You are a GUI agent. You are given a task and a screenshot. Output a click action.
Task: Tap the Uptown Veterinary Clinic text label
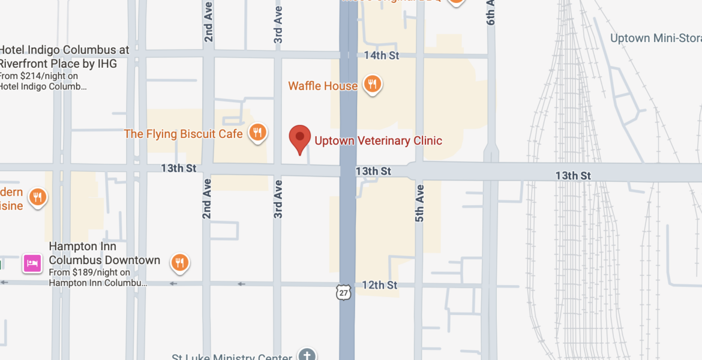(378, 141)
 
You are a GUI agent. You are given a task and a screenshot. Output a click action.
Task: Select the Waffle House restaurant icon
(373, 85)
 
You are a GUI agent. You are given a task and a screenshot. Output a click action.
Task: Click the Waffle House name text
(323, 86)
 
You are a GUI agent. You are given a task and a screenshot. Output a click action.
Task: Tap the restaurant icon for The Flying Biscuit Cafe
(257, 133)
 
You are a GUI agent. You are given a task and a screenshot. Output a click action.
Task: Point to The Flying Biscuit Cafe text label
(183, 133)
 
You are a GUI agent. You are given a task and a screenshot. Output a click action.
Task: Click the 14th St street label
(382, 56)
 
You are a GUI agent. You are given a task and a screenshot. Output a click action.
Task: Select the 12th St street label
(379, 285)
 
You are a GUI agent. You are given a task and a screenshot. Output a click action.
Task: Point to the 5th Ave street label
(419, 203)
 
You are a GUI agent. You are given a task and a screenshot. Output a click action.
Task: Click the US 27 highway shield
(343, 293)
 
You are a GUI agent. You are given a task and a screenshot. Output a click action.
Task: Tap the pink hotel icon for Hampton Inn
(32, 263)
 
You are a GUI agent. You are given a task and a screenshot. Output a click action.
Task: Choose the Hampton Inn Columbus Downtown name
(104, 253)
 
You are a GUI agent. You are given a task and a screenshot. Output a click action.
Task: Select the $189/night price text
(90, 272)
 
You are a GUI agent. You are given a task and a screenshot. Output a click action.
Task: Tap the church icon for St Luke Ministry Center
(307, 355)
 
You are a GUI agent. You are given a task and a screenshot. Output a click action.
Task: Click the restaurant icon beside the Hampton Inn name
(179, 262)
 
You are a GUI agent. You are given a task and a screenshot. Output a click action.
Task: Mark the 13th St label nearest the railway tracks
(573, 175)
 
